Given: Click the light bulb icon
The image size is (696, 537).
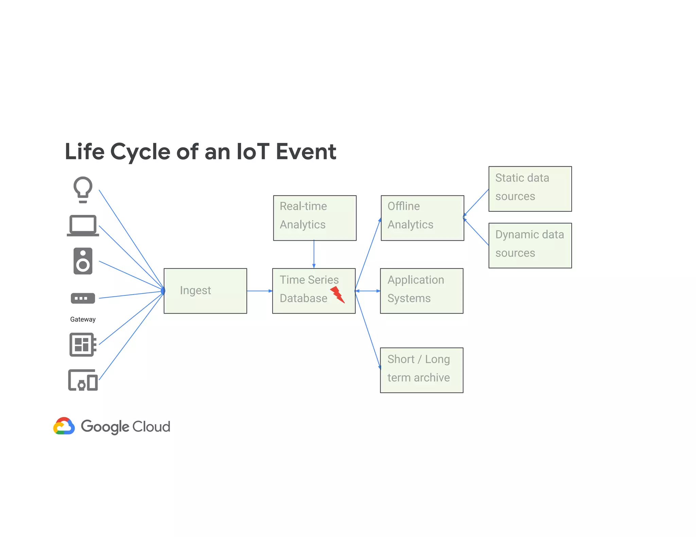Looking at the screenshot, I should pyautogui.click(x=83, y=189).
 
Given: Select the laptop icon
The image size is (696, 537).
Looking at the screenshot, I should pyautogui.click(x=83, y=225).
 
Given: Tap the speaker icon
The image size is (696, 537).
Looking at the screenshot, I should pyautogui.click(x=83, y=261).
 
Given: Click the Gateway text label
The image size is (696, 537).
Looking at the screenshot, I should pyautogui.click(x=83, y=319).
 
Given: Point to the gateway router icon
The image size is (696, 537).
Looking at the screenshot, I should pyautogui.click(x=83, y=298).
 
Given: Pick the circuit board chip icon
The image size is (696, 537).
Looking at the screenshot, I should pyautogui.click(x=83, y=345).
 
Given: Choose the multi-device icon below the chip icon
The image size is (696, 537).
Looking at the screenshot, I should pyautogui.click(x=83, y=380).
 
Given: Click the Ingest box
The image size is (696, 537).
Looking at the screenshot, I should pyautogui.click(x=205, y=291).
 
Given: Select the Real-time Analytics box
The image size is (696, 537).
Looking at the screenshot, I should pyautogui.click(x=315, y=218).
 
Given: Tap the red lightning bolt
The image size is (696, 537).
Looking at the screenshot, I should pyautogui.click(x=337, y=294).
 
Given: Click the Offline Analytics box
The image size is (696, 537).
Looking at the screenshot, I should pyautogui.click(x=422, y=218).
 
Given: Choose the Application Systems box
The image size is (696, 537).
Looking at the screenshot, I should pyautogui.click(x=421, y=291).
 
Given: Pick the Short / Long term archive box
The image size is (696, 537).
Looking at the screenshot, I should pyautogui.click(x=421, y=370).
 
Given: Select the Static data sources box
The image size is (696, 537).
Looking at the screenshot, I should pyautogui.click(x=530, y=189).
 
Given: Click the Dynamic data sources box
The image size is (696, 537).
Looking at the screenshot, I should pyautogui.click(x=530, y=245).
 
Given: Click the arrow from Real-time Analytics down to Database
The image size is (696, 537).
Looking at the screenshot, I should pyautogui.click(x=314, y=254).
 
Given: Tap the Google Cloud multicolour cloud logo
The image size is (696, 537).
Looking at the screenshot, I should pyautogui.click(x=64, y=426).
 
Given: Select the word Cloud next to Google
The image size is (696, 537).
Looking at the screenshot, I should pyautogui.click(x=151, y=427).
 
